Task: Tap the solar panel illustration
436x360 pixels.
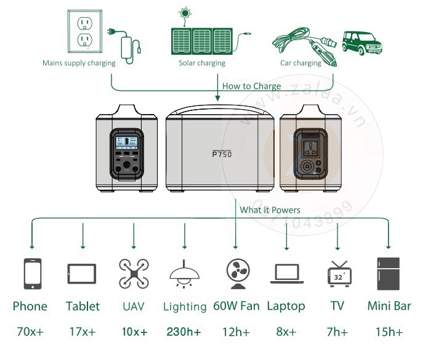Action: [x=202, y=40]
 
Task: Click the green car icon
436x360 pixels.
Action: [x=360, y=42]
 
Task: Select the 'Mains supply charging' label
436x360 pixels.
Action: [x=79, y=63]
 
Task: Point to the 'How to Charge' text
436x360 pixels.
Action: [x=251, y=86]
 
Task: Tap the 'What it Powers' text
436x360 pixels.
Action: [x=270, y=210]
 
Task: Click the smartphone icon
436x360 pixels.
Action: [x=32, y=274]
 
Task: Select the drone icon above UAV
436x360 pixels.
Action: [x=133, y=274]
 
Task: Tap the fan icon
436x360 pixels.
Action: [x=236, y=274]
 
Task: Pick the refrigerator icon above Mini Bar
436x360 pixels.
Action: [x=388, y=274]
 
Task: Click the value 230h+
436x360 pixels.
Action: [x=184, y=332]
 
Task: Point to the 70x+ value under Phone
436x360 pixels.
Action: [x=30, y=332]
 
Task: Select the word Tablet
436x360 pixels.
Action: [x=83, y=306]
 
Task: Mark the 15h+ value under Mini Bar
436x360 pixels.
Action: [x=389, y=332]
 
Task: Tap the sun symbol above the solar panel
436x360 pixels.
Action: [x=184, y=13]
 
